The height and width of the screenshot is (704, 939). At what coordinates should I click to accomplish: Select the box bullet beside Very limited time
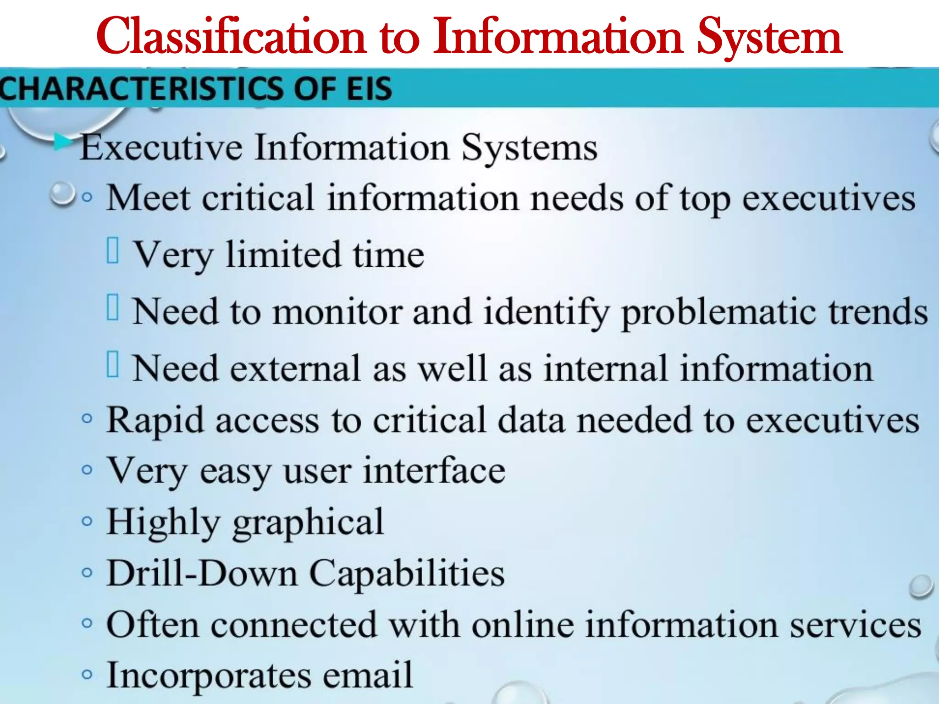click(113, 251)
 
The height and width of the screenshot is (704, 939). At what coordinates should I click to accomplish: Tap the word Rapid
click(155, 421)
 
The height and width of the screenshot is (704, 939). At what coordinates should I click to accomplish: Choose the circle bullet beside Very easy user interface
click(87, 470)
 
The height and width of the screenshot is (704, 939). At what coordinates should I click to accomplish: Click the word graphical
click(308, 523)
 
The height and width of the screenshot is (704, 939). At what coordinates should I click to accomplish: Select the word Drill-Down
click(202, 573)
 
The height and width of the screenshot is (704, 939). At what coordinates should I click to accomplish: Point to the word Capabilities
click(407, 574)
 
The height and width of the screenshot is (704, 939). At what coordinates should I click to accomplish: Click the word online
click(523, 625)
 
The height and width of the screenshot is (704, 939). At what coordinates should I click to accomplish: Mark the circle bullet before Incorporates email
click(87, 674)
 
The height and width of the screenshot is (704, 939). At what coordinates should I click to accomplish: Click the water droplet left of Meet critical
click(62, 194)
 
